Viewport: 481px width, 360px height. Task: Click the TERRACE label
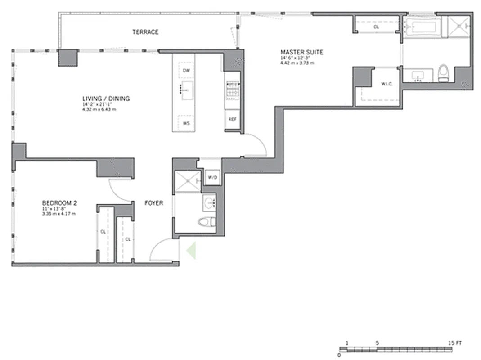(145, 32)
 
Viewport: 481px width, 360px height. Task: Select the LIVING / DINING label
(106, 99)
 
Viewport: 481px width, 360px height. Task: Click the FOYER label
(153, 203)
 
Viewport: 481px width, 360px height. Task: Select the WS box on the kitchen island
(186, 122)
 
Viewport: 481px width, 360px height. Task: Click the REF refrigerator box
(232, 119)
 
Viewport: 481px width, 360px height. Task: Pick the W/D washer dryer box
(212, 178)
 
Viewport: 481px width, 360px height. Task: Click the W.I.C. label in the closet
(387, 84)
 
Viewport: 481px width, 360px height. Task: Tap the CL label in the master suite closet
(376, 27)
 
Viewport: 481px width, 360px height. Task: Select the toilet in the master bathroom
(443, 73)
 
